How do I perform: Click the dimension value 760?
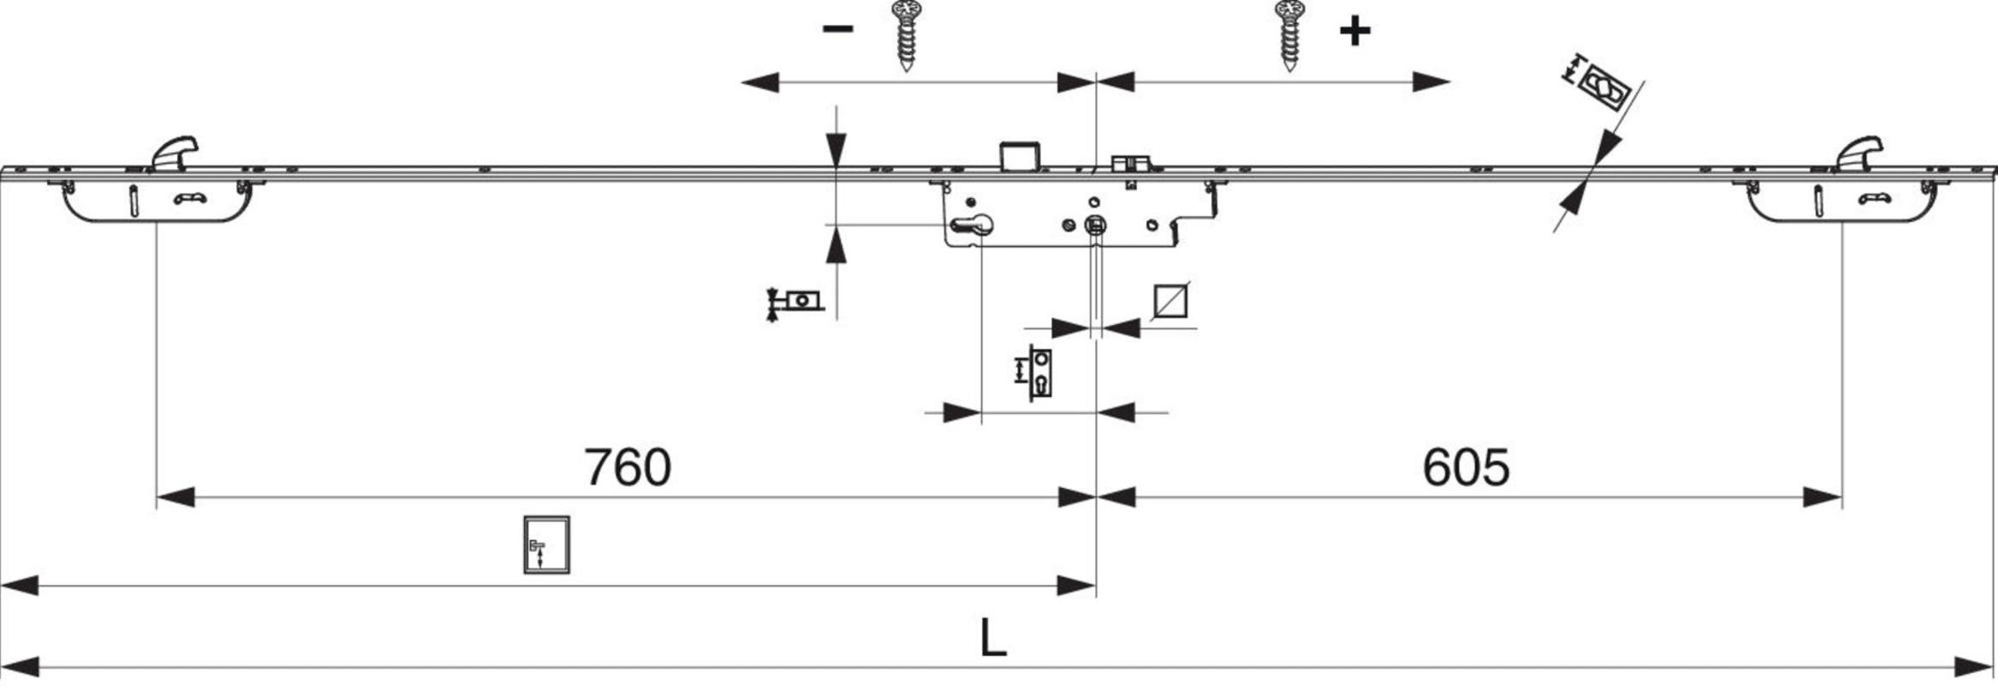point(627,467)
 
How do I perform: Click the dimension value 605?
point(1465,467)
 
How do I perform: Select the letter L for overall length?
point(993,639)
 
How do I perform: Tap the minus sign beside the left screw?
point(837,29)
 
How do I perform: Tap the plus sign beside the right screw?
point(1355,32)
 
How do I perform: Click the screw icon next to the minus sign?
point(906,34)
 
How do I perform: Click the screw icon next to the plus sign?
point(1289,34)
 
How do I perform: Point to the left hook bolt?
point(175,152)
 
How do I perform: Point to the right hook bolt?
point(1860,152)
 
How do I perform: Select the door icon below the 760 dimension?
point(546,545)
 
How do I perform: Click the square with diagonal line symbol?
point(1170,301)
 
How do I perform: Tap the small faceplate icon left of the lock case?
point(798,301)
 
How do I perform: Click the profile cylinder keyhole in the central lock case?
point(972,226)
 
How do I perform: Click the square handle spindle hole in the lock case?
point(1096,226)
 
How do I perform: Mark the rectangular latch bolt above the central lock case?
point(1019,156)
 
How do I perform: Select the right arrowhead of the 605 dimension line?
point(1823,497)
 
